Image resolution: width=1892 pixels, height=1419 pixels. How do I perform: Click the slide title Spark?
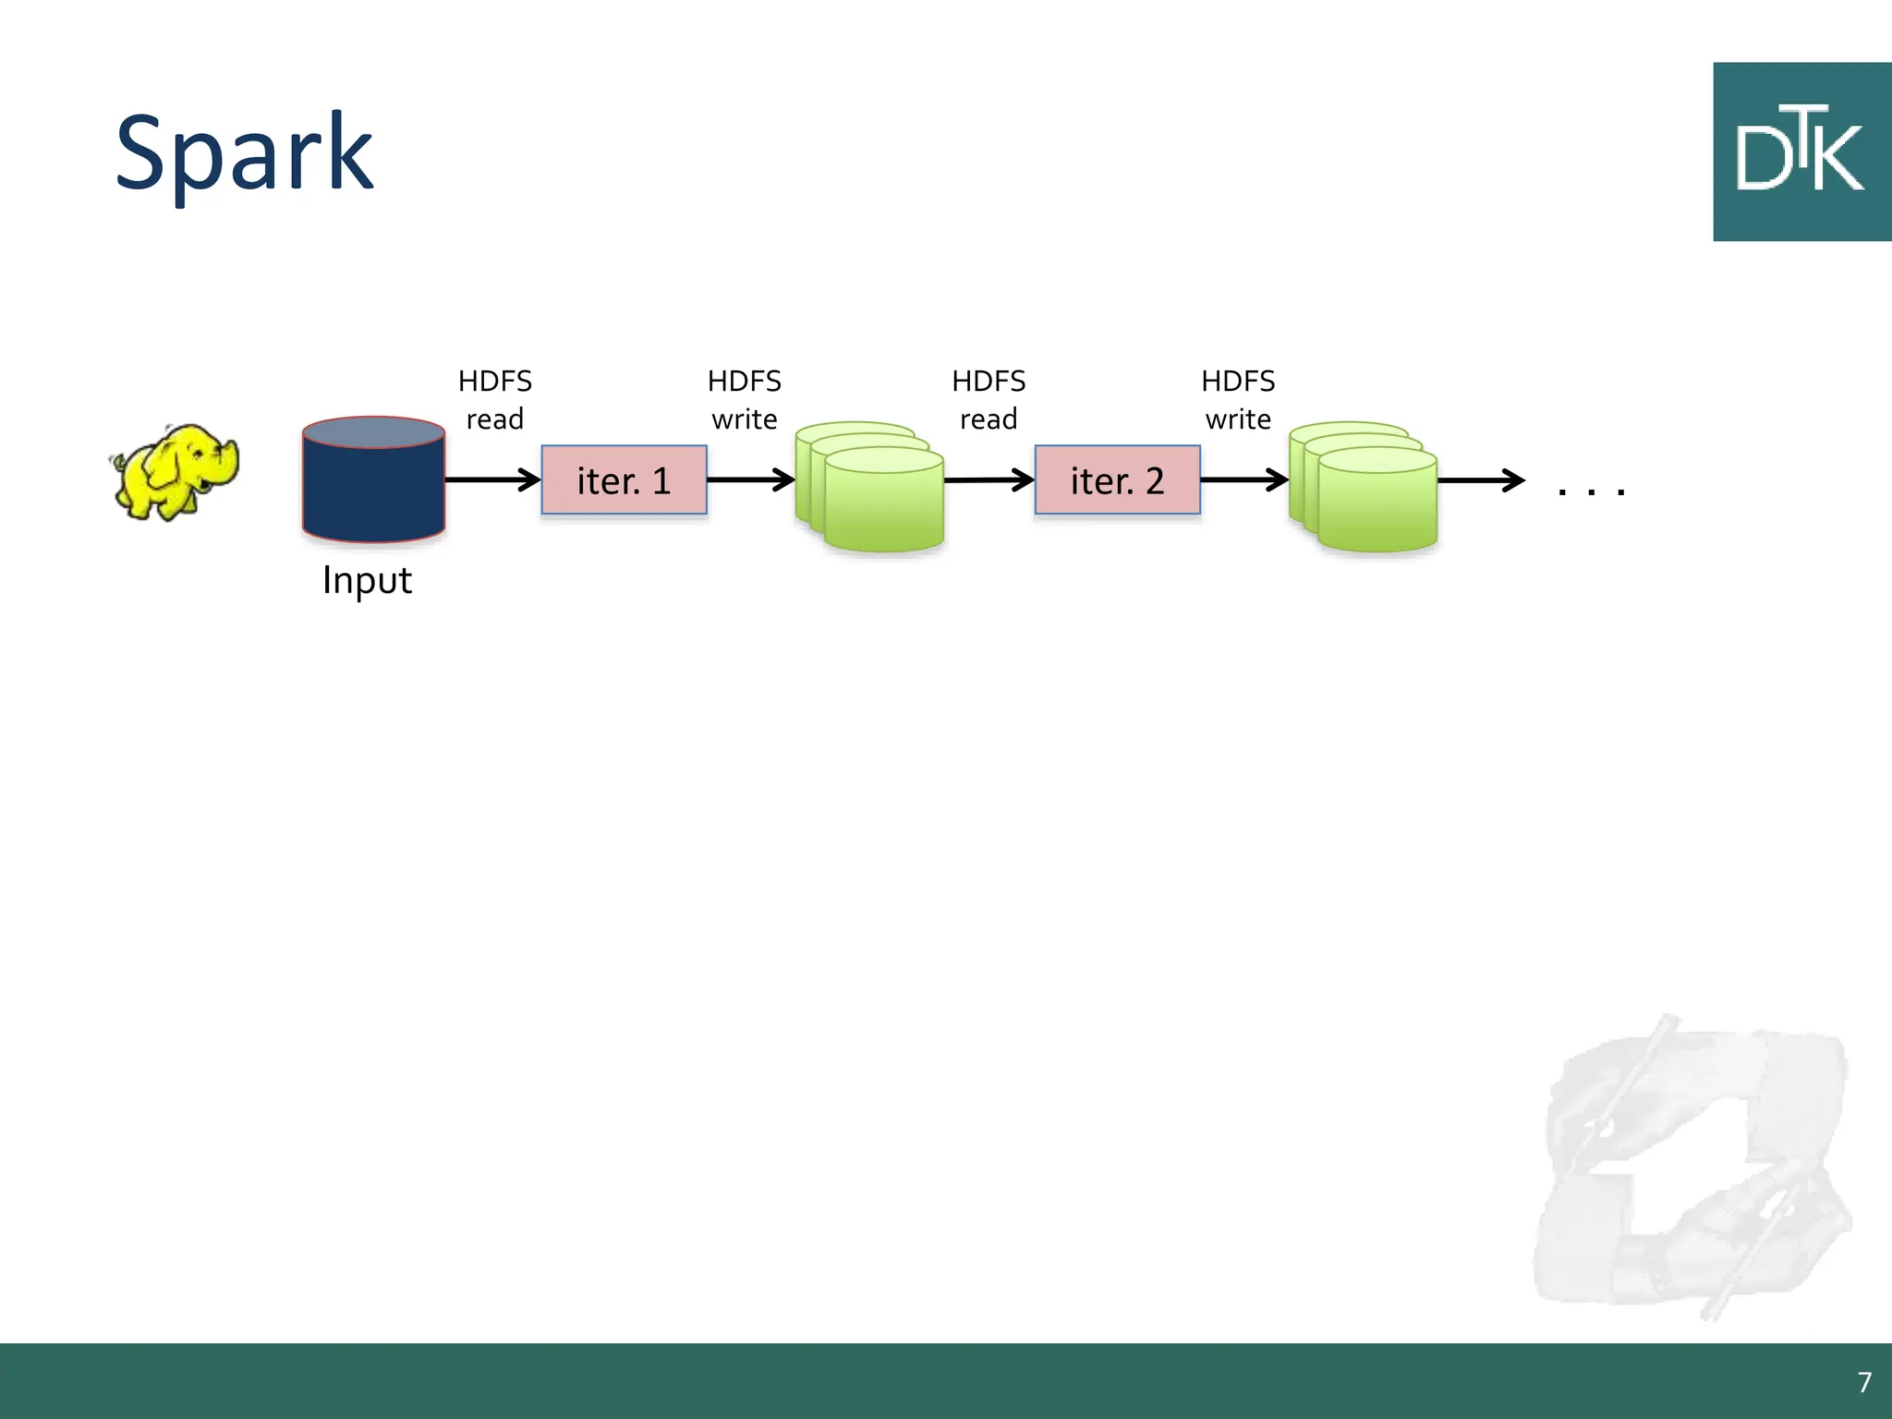244,153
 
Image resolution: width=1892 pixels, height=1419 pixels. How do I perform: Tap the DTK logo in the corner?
1801,152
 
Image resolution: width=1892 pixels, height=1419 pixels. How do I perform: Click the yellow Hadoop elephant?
175,472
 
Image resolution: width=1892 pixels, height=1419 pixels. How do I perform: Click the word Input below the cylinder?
367,580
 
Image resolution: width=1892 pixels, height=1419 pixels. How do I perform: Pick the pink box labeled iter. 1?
624,480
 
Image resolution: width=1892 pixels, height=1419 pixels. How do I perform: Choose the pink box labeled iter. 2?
1117,480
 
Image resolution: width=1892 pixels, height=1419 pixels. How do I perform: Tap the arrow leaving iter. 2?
1243,479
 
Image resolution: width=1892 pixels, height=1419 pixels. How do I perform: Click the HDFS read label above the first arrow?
495,400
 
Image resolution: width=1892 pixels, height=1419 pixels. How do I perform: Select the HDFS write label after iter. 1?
745,400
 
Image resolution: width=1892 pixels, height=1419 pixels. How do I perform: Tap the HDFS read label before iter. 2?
988,400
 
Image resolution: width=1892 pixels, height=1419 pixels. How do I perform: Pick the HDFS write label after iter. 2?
1238,400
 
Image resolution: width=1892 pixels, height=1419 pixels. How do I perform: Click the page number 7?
1864,1382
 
